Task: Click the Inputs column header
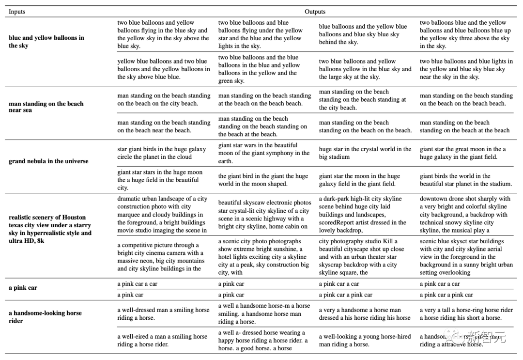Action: coord(17,12)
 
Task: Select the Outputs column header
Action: coord(315,12)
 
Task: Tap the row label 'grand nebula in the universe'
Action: coord(48,161)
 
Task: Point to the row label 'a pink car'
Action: coord(23,287)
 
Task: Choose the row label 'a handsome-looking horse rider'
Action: coord(45,317)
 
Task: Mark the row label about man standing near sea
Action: coord(46,107)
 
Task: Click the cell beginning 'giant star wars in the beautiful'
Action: coord(264,153)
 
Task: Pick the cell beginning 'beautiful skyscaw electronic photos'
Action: coord(264,214)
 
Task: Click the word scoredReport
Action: coord(339,222)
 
